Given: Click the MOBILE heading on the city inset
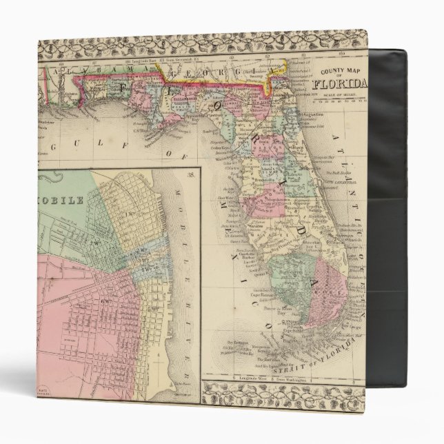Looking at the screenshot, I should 62,184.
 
